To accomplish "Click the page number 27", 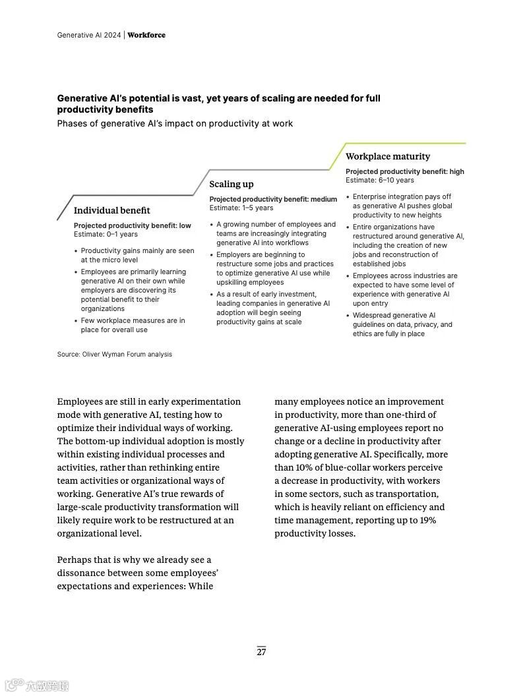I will coord(261,652).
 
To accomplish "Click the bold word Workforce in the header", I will coord(146,35).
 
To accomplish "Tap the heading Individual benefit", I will coord(111,210).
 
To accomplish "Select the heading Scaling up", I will coord(231,184).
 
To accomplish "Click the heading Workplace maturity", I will coord(387,156).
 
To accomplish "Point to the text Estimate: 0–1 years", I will coord(106,234).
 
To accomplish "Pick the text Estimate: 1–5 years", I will coord(241,208).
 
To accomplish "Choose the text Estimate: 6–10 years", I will coord(379,180).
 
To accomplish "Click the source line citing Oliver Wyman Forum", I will coord(114,354).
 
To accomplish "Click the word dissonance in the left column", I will coord(84,573).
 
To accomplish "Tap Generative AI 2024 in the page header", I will coord(89,35).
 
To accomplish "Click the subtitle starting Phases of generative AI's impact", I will coord(175,123).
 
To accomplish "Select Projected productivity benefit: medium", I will coord(273,199).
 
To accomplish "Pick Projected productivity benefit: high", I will coord(404,171).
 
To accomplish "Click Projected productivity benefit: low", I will coord(132,225).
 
